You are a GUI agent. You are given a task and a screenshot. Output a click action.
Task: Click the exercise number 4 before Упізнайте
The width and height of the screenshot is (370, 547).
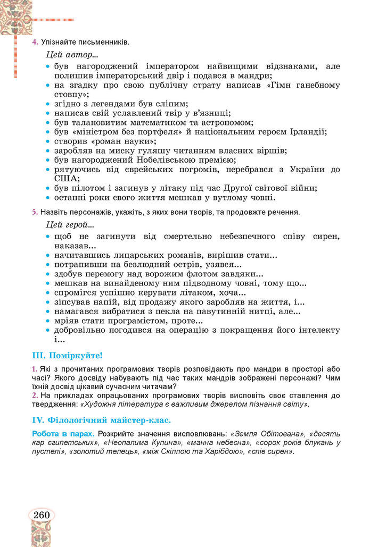coord(35,41)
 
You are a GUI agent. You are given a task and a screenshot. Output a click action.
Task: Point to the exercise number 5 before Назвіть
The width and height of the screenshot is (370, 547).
coord(35,212)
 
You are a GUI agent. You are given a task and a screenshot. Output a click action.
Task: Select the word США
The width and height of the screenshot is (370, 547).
coord(65,179)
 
